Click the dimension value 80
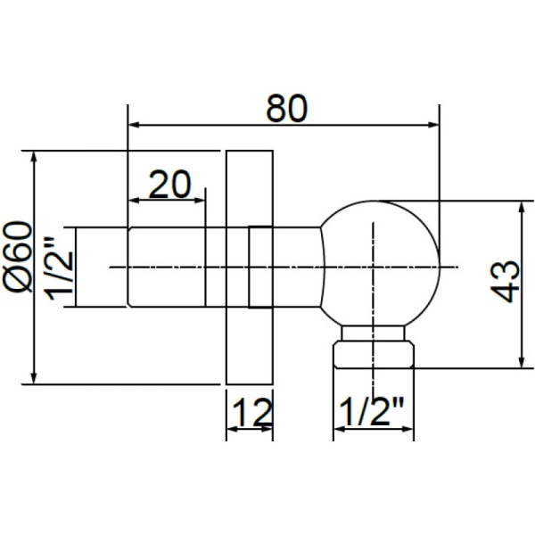point(285,108)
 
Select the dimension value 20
point(169,185)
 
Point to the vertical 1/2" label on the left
point(58,268)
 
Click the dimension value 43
point(506,281)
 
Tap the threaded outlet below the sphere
point(374,350)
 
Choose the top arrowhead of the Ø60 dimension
point(34,158)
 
